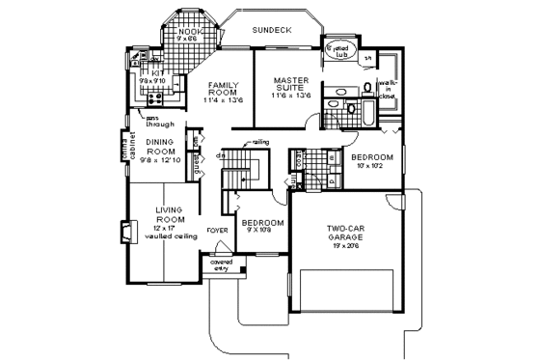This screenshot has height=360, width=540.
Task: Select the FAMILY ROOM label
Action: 223,90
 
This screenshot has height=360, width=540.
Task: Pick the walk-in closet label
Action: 391,91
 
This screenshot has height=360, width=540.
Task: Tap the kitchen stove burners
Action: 154,97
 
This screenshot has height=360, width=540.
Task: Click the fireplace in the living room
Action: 123,231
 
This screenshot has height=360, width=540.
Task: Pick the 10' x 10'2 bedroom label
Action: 371,160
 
